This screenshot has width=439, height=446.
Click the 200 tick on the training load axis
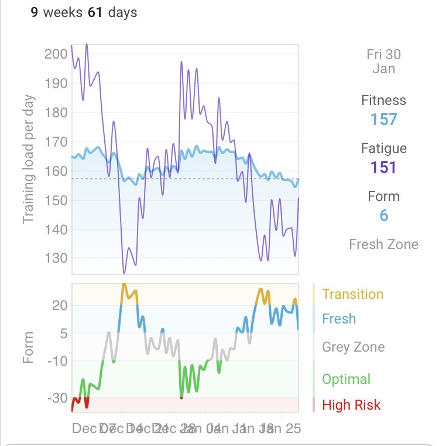point(56,54)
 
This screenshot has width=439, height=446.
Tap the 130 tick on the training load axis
point(56,258)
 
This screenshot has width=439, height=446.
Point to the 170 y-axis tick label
point(56,142)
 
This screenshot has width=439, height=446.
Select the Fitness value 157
point(383,120)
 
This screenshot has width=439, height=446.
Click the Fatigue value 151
point(383,168)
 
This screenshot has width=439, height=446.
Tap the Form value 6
point(383,216)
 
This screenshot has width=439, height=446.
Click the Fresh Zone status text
point(383,244)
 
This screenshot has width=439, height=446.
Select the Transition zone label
point(352,294)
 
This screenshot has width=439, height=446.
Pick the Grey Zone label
point(353,347)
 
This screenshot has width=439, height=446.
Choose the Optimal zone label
point(346,379)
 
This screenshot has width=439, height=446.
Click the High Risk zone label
point(351,405)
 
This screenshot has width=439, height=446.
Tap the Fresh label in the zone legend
point(339,319)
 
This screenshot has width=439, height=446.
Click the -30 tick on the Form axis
point(57,399)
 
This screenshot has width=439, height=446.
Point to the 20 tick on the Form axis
point(59,305)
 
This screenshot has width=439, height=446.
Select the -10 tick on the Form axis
point(57,361)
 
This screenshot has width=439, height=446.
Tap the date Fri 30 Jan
point(383,62)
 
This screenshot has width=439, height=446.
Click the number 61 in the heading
point(95,12)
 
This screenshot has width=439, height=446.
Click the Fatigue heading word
point(383,149)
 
